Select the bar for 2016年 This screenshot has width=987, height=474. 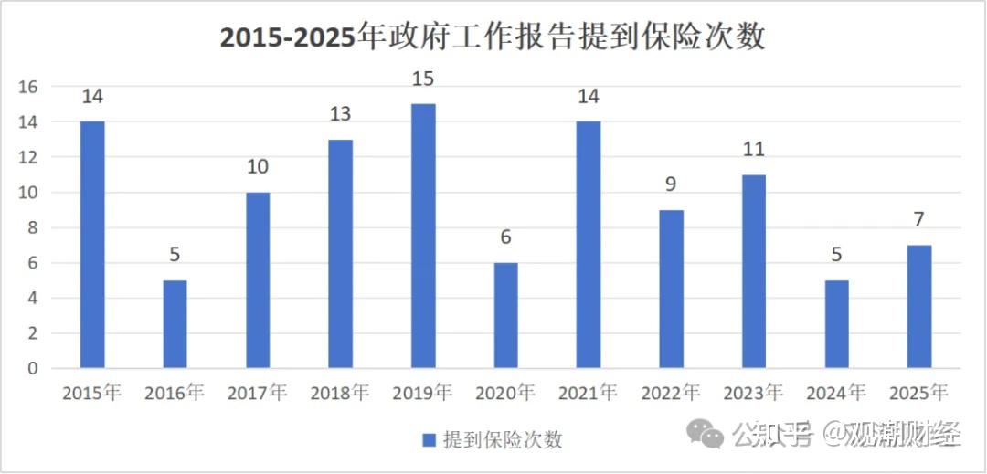pyautogui.click(x=175, y=324)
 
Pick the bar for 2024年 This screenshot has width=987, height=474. pyautogui.click(x=836, y=324)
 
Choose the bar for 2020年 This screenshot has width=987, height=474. pyautogui.click(x=505, y=315)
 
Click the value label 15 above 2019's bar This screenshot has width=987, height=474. pyautogui.click(x=423, y=79)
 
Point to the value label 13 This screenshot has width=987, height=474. pyautogui.click(x=340, y=115)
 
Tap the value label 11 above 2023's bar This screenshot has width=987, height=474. pyautogui.click(x=753, y=150)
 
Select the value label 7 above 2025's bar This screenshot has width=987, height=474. pyautogui.click(x=918, y=220)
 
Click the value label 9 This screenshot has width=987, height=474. pyautogui.click(x=671, y=185)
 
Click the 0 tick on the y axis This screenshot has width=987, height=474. pyautogui.click(x=33, y=369)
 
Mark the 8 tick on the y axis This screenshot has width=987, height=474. pyautogui.click(x=33, y=228)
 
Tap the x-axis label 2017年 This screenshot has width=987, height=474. pyautogui.click(x=258, y=394)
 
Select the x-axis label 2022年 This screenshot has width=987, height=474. pyautogui.click(x=671, y=394)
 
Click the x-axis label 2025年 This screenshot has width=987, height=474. pyautogui.click(x=918, y=394)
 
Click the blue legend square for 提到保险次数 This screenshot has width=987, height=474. pyautogui.click(x=429, y=440)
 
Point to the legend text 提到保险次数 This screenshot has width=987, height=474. pyautogui.click(x=502, y=440)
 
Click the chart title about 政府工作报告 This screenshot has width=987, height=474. pyautogui.click(x=493, y=38)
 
